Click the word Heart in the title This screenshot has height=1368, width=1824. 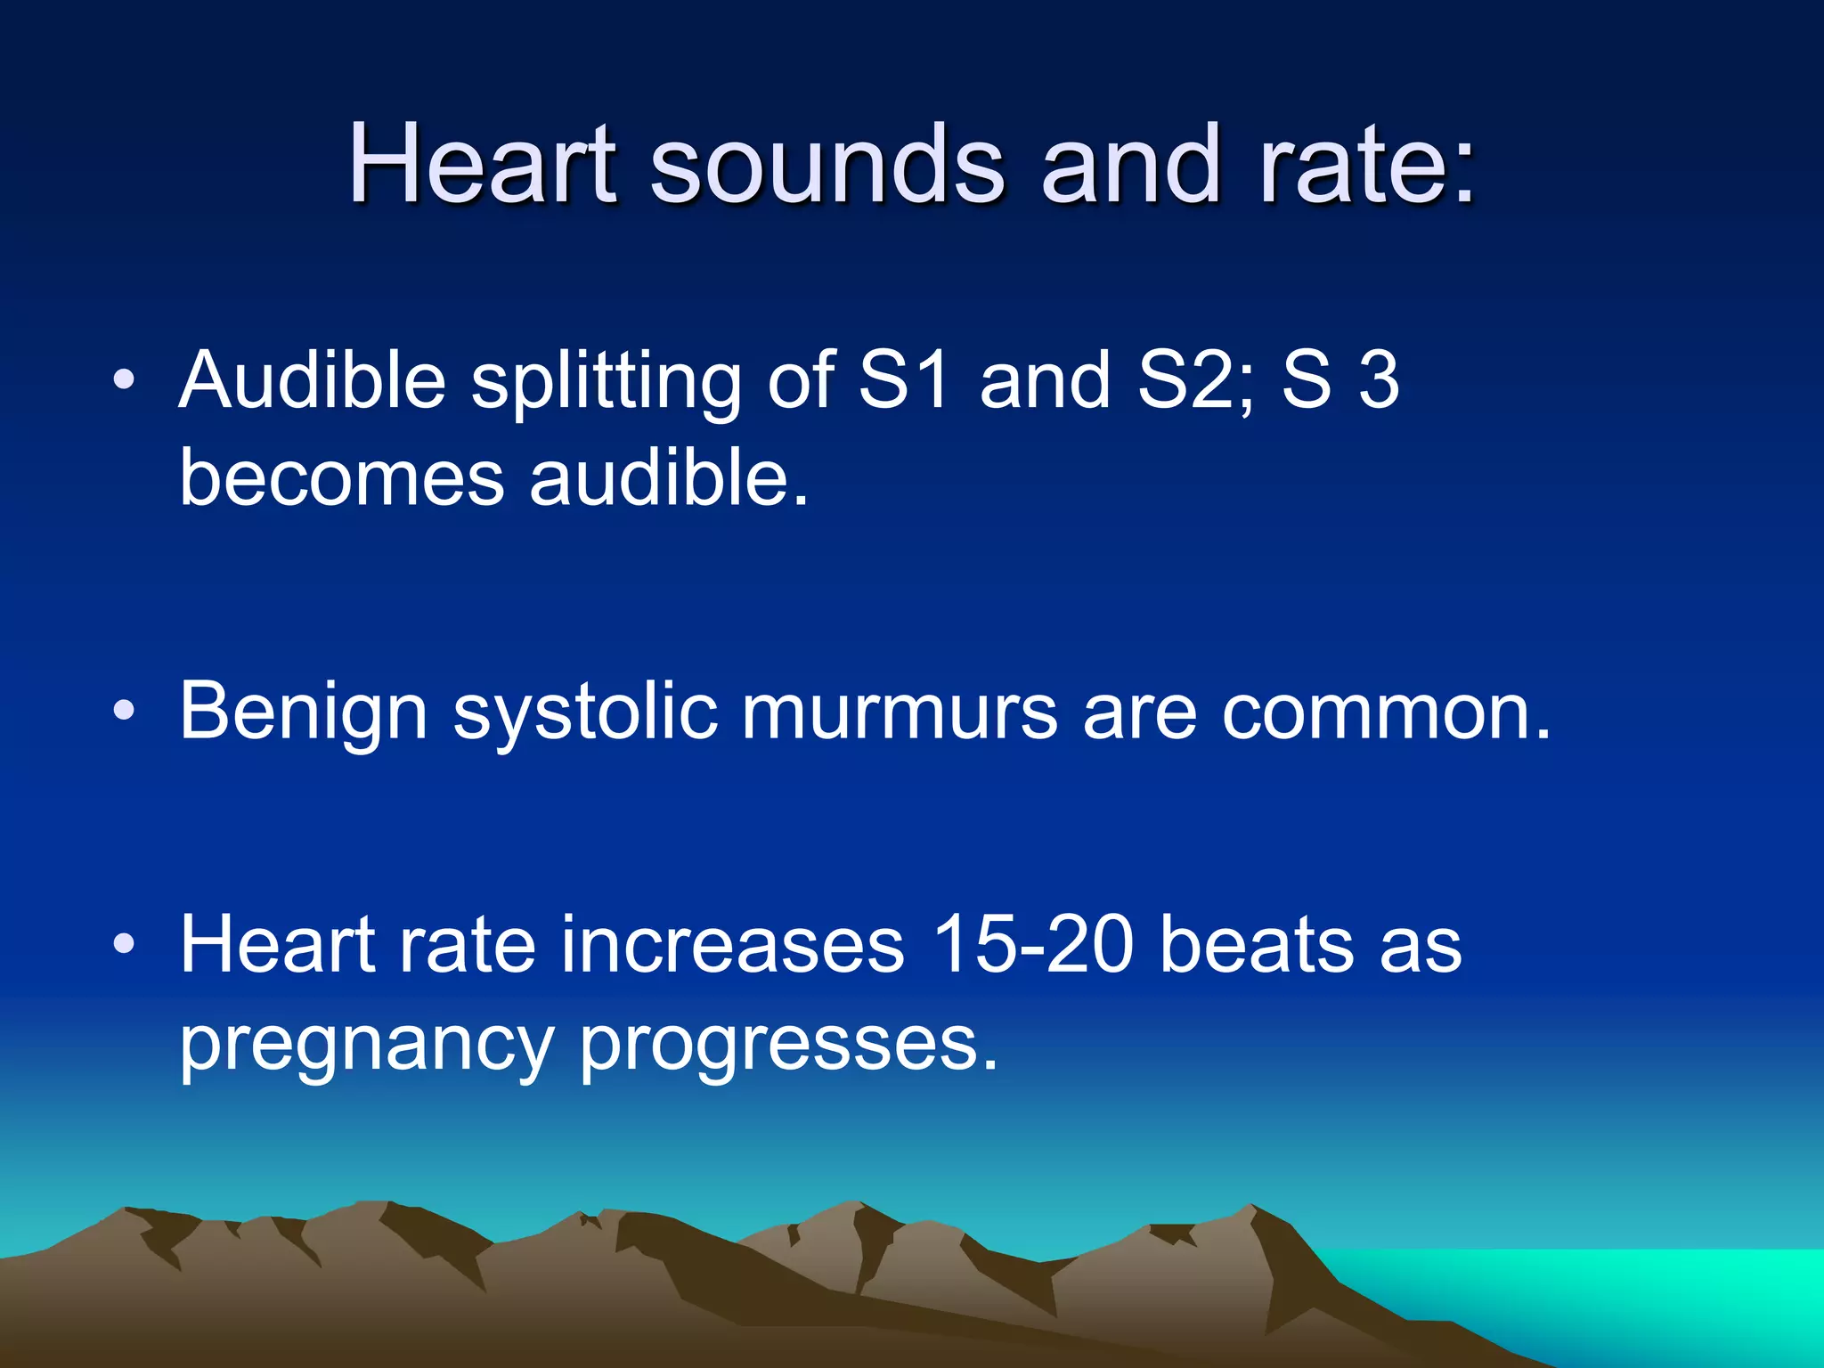482,164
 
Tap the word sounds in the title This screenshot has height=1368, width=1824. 827,164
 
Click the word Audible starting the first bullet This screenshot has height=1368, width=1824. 312,380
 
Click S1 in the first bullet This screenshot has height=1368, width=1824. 904,380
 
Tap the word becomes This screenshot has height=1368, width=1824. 342,478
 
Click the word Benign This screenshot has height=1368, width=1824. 304,712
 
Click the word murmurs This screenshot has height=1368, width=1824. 900,712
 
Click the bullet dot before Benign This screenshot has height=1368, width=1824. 125,711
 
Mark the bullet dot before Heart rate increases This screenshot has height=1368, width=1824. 125,943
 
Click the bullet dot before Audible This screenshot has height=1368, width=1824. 125,380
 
